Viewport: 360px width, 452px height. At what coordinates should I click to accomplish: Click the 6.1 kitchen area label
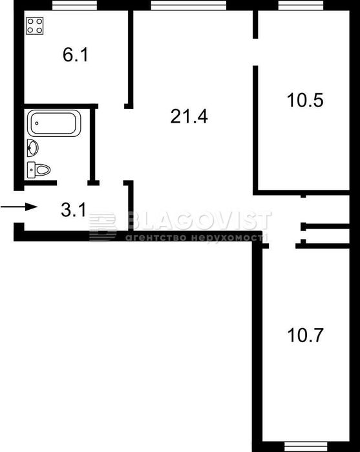coord(75,55)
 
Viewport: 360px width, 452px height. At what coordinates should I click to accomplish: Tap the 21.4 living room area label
coord(189,116)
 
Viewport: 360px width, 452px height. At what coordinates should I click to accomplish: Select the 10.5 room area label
coord(305,100)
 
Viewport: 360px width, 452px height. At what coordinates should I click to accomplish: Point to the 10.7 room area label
coord(305,335)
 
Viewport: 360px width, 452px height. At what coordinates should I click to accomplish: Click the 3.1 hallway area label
coord(74,210)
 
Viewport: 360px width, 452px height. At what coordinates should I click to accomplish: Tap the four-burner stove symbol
coord(35,26)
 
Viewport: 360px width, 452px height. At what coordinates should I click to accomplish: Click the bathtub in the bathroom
coord(54,123)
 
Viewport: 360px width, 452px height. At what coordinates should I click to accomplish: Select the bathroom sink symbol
coord(32,148)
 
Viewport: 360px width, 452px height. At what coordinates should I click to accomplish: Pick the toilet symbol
coord(39,170)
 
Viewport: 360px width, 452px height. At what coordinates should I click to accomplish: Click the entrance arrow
coord(19,207)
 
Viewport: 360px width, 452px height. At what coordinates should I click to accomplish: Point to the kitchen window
coord(74,5)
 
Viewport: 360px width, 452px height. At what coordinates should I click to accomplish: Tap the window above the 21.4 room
coord(189,5)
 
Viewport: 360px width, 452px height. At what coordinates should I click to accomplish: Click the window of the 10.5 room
coord(301,5)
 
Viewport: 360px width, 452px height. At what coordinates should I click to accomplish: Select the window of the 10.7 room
coord(306,447)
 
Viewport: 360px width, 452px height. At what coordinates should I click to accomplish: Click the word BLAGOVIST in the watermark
coord(199,221)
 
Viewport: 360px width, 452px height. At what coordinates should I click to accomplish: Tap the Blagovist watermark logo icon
coord(102,227)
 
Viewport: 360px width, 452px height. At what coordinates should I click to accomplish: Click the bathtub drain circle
coord(37,123)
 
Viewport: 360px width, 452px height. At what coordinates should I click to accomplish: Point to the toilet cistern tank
coord(31,170)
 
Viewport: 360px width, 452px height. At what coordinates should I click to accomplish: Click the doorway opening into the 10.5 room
coord(255,52)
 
